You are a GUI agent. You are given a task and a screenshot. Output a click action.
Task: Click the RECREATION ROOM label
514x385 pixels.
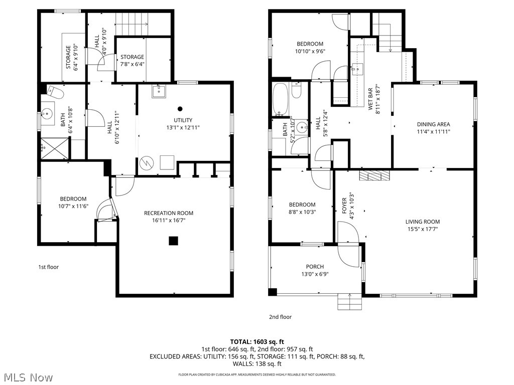pyautogui.click(x=168, y=213)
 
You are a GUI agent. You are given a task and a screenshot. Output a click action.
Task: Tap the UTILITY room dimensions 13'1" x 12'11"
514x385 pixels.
pyautogui.click(x=183, y=127)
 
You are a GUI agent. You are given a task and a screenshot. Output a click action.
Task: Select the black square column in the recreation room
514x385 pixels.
pyautogui.click(x=173, y=241)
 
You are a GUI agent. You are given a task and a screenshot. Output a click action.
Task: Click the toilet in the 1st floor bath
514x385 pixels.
pyautogui.click(x=54, y=92)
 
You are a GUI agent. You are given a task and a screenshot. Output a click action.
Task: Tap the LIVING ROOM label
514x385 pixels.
pyautogui.click(x=423, y=222)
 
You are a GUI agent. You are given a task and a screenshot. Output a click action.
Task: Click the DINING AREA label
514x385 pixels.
pyautogui.click(x=433, y=124)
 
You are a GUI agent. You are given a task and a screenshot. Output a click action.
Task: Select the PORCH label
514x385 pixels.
pyautogui.click(x=315, y=267)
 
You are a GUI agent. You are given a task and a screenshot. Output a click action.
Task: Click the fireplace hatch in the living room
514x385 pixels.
pyautogui.click(x=374, y=175)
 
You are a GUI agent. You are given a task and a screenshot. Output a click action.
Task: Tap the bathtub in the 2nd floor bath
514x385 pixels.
pyautogui.click(x=280, y=99)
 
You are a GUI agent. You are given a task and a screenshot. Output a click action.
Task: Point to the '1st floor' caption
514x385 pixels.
pyautogui.click(x=49, y=267)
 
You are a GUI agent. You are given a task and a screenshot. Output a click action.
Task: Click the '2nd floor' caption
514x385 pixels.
pyautogui.click(x=280, y=317)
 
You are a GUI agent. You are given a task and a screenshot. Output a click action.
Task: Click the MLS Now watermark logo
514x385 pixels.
pyautogui.click(x=28, y=376)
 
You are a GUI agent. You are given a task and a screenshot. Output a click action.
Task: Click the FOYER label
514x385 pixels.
pyautogui.click(x=345, y=206)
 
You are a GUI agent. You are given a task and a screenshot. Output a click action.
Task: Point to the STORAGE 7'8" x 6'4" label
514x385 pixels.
pyautogui.click(x=132, y=60)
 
